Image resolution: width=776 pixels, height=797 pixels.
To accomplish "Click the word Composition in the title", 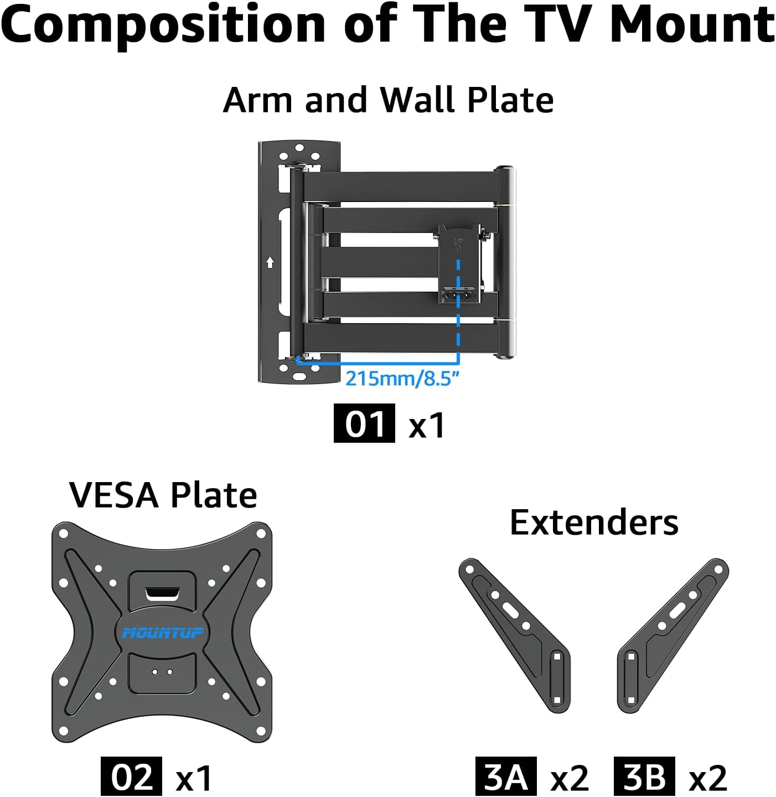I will coord(163,25).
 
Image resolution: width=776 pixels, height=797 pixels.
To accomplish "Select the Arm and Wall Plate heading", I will coord(388,100).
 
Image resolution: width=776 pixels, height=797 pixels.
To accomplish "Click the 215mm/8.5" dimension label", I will coord(402,379).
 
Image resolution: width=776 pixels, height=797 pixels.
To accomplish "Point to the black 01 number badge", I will coord(364,424).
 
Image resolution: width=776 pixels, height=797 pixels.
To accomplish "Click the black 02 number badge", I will coord(131,777).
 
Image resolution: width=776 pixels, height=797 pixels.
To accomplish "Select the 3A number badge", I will coord(505,777).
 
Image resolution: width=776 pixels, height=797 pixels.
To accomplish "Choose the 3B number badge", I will coord(644,777).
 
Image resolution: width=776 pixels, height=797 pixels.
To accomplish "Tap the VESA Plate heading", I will coord(163,495).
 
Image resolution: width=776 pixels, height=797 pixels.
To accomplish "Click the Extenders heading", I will coord(594,522).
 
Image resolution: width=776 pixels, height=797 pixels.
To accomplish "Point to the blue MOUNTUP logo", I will coord(163,633).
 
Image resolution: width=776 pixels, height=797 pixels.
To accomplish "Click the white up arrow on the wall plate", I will coord(270,262).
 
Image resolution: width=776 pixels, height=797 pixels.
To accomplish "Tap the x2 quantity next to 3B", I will coord(707,778).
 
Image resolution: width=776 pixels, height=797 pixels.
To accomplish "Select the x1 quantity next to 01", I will coord(427,426).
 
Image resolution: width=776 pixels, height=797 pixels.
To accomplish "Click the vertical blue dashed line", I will coord(458,310).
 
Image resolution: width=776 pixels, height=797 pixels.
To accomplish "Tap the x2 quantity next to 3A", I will coord(570,778).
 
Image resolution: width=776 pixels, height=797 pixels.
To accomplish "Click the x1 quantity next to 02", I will coord(194,778).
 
